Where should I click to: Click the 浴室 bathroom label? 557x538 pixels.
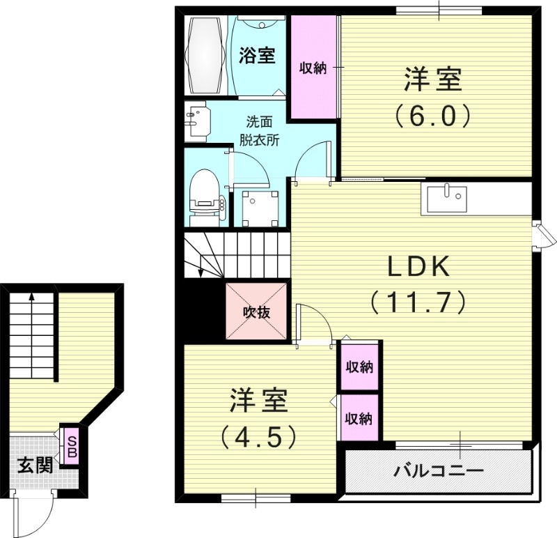257,55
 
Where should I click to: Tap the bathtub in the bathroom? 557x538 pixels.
207,55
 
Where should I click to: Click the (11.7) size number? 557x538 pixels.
417,302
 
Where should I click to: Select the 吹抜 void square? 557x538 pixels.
256,312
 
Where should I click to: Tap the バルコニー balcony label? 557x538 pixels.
439,472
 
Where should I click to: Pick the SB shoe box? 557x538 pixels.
71,445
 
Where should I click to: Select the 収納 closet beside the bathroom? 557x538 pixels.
313,67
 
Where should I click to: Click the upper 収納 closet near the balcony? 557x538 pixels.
359,367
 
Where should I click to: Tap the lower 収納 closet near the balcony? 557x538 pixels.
359,418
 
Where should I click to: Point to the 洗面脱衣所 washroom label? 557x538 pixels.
260,130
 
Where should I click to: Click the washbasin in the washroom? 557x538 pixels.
197,122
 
